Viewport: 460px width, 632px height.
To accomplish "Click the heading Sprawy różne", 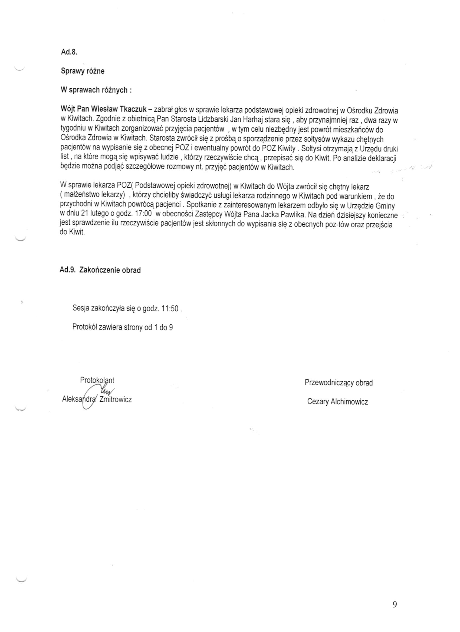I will [83, 71].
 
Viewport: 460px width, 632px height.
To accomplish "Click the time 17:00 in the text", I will [143, 214].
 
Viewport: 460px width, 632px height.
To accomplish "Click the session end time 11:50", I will [170, 309].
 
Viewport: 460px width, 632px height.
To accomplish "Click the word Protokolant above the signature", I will [97, 380].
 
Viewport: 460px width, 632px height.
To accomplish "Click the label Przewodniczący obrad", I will [339, 383].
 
